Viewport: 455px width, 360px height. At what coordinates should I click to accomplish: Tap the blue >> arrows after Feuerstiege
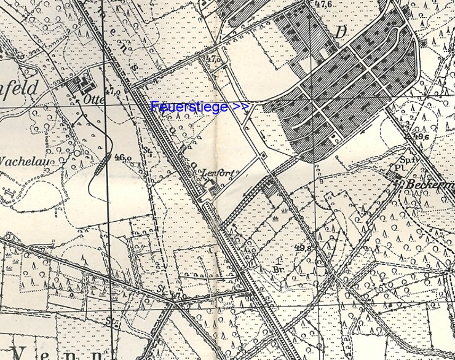pos(241,106)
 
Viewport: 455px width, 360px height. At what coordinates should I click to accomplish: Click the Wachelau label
pos(25,162)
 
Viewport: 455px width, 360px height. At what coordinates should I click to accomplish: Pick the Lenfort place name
pos(218,174)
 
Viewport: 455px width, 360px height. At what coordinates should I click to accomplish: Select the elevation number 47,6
pos(323,4)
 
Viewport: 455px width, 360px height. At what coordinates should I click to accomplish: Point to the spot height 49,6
pos(421,136)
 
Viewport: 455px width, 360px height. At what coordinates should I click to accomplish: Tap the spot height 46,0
pos(122,158)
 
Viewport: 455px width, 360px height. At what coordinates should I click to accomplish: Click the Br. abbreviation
pos(279,268)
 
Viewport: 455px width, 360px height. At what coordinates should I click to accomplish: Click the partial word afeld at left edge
pos(18,87)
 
